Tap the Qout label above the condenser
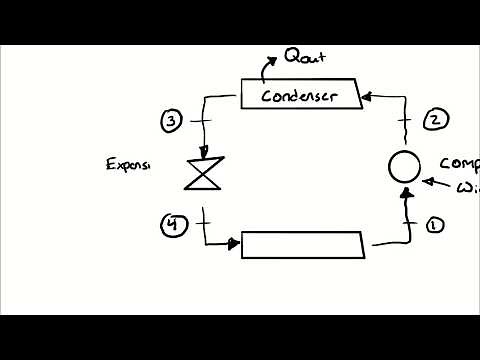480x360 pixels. coord(305,56)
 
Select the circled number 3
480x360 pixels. coord(172,121)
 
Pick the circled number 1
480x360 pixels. coord(434,225)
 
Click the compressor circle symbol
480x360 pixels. coord(402,166)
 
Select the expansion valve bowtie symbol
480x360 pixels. coord(204,173)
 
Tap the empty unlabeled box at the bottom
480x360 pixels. coord(303,244)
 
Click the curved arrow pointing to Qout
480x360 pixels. coord(268,67)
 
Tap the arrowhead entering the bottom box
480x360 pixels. coord(235,243)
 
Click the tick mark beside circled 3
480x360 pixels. coord(203,121)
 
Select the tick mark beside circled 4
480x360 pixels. coord(204,223)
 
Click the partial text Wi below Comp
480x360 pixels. coord(466,187)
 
